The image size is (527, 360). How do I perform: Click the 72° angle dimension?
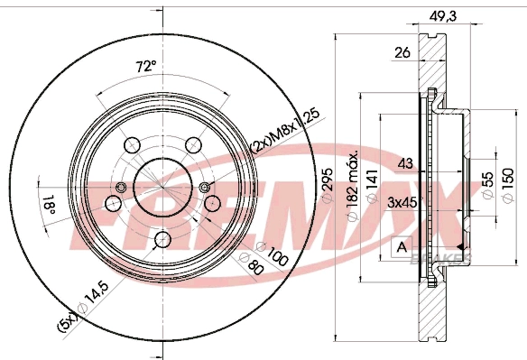click(145, 67)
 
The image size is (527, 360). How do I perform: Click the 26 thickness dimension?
click(402, 53)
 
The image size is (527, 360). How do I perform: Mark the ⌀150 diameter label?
click(508, 185)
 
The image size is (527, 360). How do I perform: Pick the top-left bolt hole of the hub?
click(130, 144)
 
